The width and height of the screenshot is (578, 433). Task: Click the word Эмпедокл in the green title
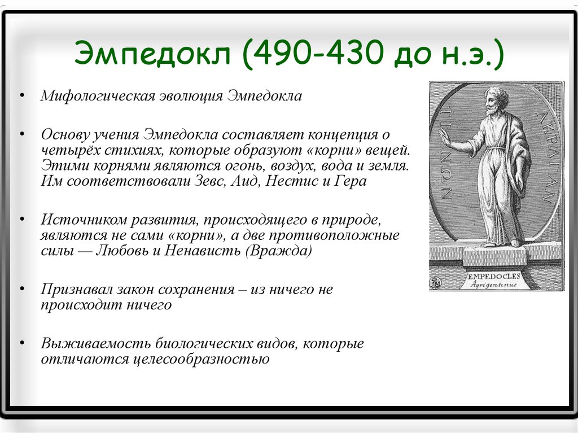152,54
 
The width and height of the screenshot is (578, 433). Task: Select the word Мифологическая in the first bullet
98,96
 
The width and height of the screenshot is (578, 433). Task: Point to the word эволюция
191,96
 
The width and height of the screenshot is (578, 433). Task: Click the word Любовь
122,251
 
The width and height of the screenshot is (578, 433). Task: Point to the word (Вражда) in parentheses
278,251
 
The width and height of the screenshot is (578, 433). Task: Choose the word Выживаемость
96,343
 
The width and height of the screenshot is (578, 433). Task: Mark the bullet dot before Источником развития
23,219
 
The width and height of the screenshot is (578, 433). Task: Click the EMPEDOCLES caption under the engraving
494,276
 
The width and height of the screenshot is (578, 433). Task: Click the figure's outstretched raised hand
446,138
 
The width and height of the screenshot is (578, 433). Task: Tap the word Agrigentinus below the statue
493,284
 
